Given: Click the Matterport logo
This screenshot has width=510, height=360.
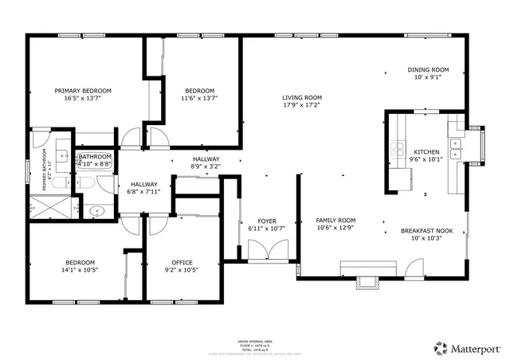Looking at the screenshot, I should coord(466,347).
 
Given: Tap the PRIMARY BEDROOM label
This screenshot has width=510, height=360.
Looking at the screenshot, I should coord(83,91).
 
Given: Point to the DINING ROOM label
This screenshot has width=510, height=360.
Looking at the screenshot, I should coord(428,69).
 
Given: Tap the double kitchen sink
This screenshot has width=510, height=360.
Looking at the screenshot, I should coord(456,148).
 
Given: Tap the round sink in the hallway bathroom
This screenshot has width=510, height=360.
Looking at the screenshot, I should coord(96,212).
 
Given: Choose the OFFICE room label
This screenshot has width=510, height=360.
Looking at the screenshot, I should coord(182,262).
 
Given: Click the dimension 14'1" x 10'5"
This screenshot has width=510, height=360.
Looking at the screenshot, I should coord(80,270).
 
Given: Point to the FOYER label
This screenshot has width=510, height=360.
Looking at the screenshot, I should coord(266,221).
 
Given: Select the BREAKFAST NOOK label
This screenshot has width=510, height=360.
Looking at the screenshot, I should coord(426,231).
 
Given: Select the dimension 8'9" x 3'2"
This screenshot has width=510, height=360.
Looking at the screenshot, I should coord(206,166).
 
